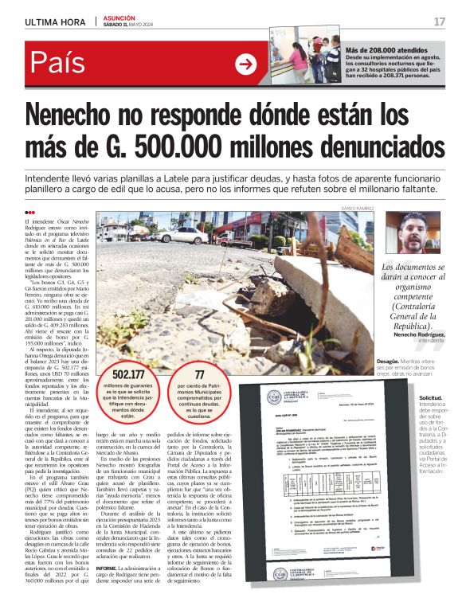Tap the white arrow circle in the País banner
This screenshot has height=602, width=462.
[x=245, y=64]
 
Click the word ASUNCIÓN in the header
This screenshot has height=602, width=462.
[x=119, y=18]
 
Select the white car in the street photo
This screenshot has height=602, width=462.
[x=183, y=236]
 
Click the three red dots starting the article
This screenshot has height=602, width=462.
[x=30, y=212]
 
